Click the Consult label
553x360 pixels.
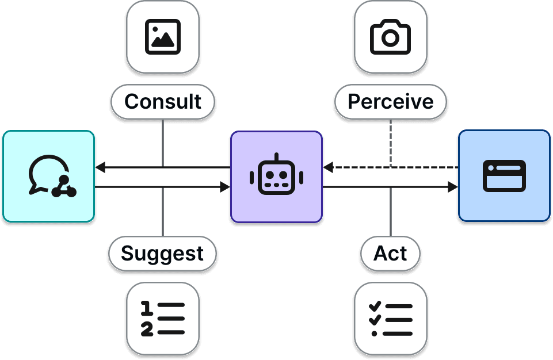[163, 102]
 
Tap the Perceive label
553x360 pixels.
[391, 102]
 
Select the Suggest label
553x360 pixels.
[163, 254]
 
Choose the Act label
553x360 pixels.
[391, 254]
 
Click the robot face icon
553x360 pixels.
[276, 176]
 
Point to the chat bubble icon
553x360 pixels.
[48, 175]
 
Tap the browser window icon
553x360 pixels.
[504, 175]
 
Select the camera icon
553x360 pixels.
[391, 37]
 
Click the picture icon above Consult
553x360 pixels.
[163, 37]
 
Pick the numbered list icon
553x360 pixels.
[163, 317]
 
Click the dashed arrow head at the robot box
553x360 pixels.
[328, 167]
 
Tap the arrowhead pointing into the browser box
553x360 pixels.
[453, 187]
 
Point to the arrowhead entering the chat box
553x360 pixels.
[100, 167]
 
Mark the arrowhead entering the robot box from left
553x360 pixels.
[225, 187]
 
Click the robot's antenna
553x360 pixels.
[276, 157]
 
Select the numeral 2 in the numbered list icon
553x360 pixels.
[147, 330]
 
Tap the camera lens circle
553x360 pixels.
[391, 39]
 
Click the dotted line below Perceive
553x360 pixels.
[391, 141]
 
